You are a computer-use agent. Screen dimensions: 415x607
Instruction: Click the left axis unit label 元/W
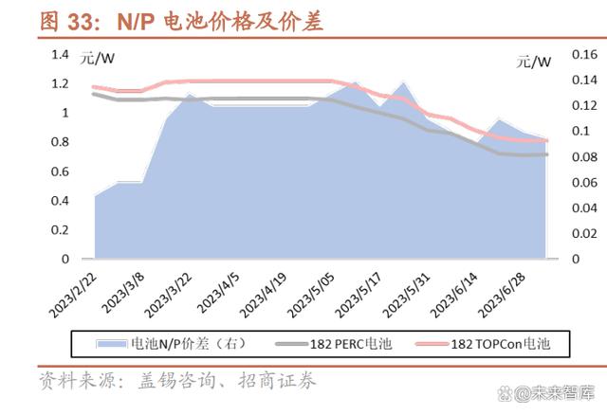[97, 59]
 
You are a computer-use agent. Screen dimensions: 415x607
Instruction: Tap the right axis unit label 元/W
[534, 63]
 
